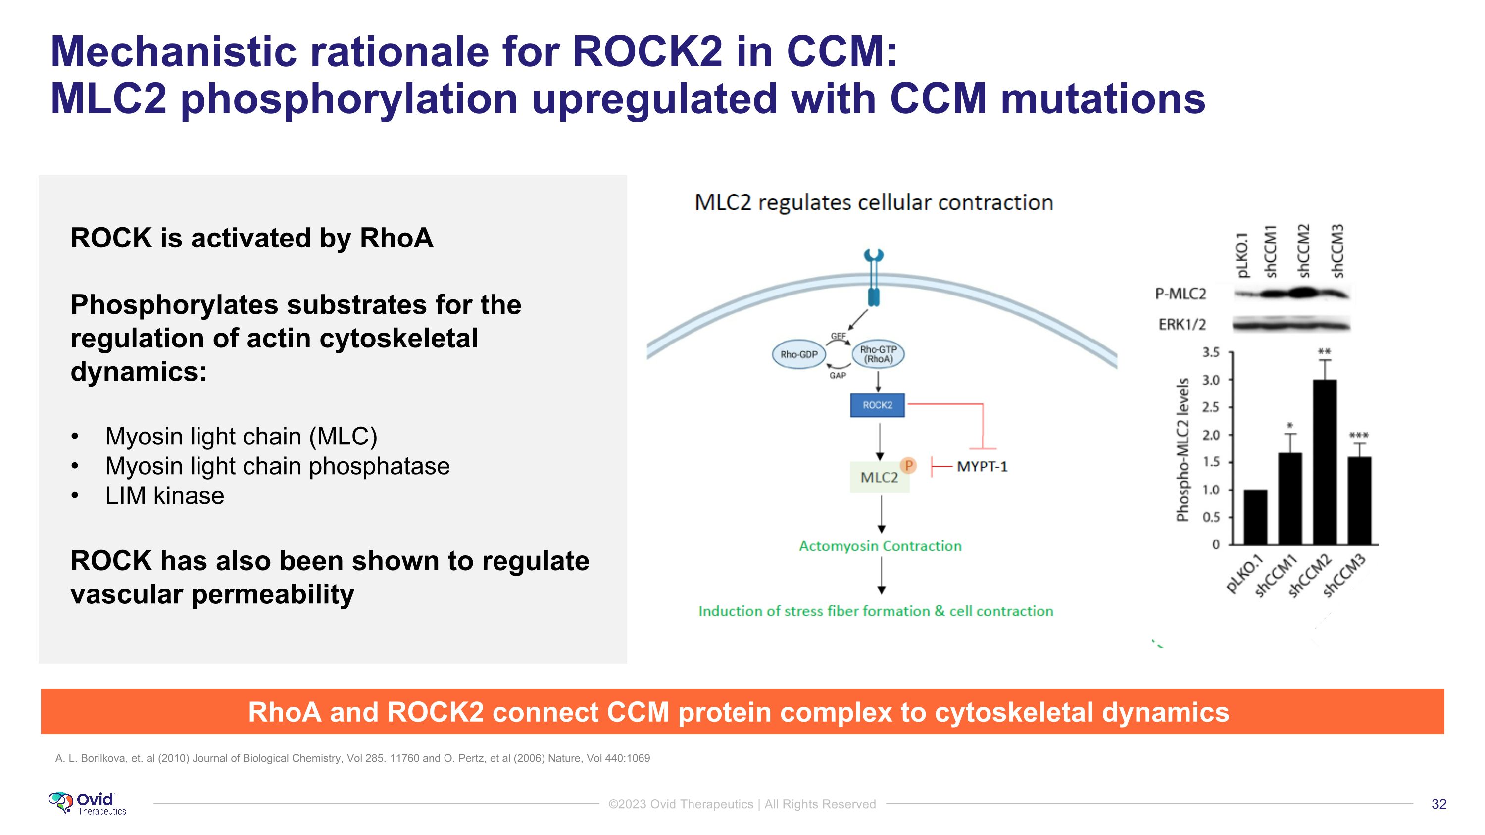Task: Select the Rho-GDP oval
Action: [x=798, y=354]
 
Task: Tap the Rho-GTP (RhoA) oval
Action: [x=878, y=354]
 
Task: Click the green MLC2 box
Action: [x=879, y=477]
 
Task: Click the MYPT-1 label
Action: [x=982, y=467]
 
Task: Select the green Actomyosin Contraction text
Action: [x=880, y=546]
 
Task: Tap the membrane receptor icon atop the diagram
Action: [x=874, y=277]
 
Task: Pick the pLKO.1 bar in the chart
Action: [x=1255, y=517]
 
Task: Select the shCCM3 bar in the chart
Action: [x=1359, y=501]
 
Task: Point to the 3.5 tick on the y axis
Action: [x=1211, y=352]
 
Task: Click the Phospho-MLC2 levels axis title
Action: [x=1183, y=449]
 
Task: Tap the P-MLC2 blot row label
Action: [x=1181, y=294]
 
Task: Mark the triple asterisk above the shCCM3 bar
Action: [x=1359, y=436]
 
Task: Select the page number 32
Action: [x=1439, y=804]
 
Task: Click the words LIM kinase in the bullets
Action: [x=164, y=495]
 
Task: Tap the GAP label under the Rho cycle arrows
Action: [x=838, y=375]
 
